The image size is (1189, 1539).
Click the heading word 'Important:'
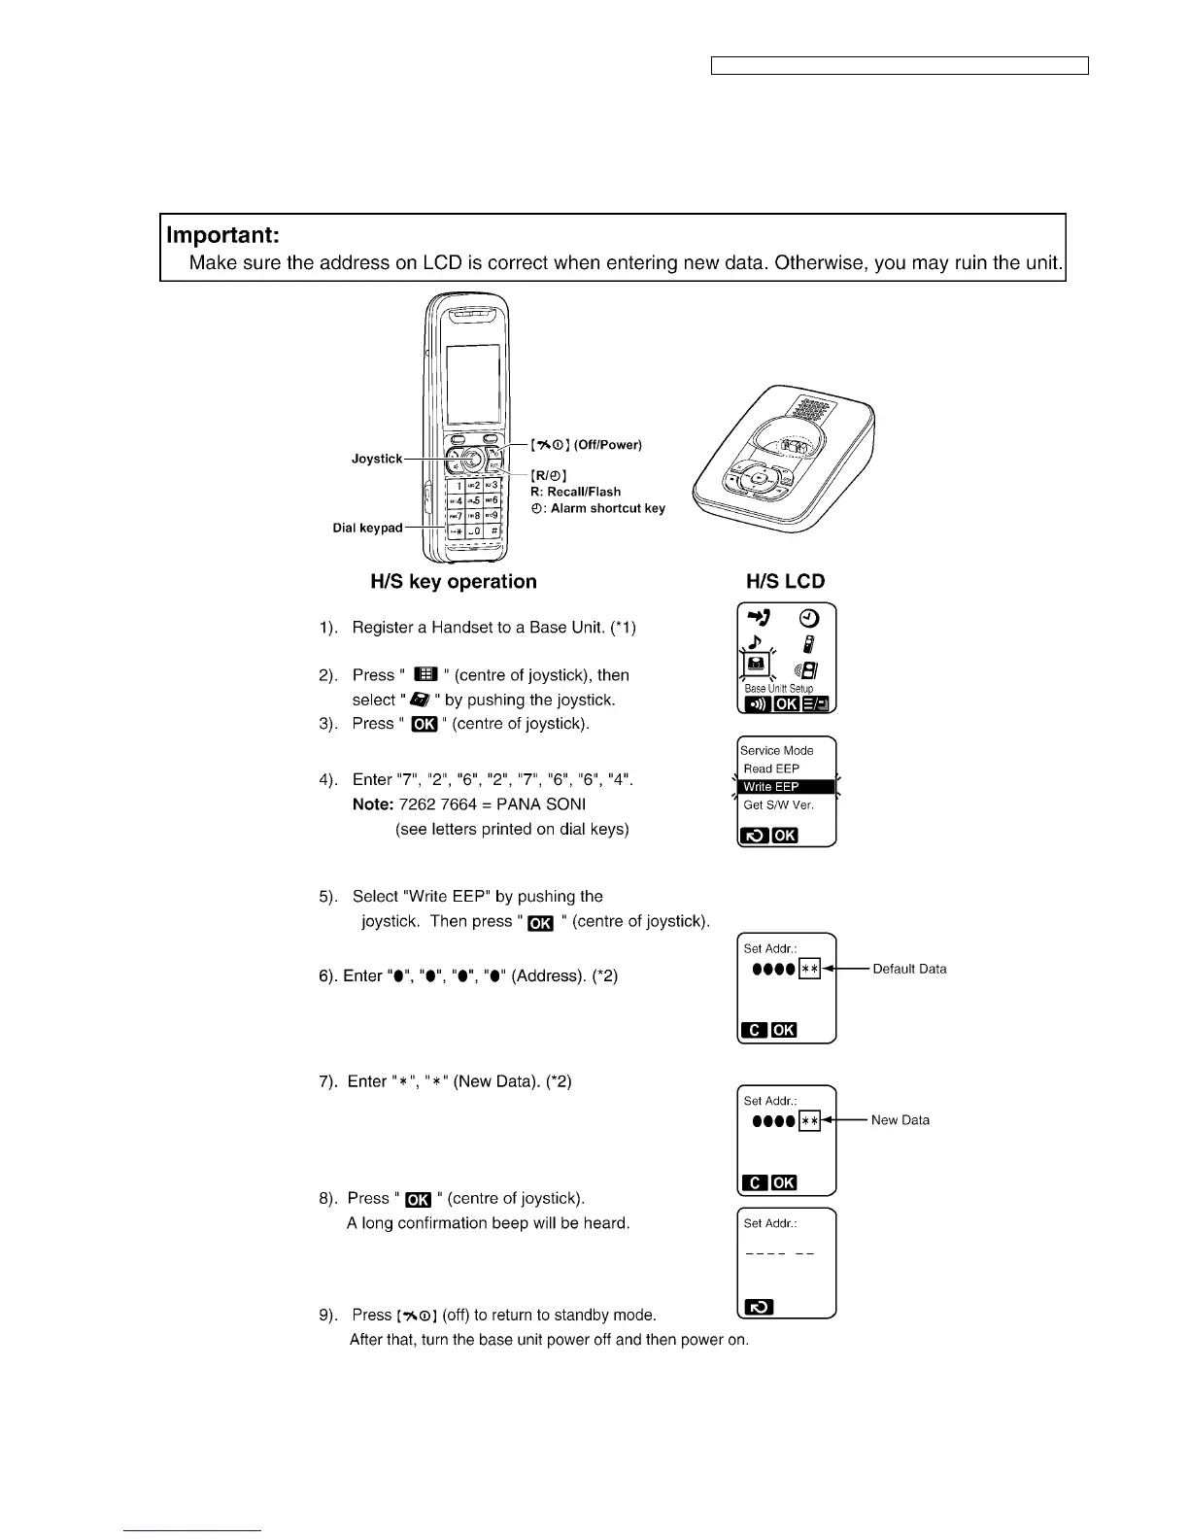(223, 235)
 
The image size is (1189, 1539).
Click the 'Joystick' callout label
(376, 459)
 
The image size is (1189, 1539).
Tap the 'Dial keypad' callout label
(367, 528)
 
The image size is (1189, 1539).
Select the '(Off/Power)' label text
(607, 445)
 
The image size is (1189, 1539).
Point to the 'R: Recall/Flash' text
(575, 492)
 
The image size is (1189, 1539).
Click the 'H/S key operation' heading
(454, 582)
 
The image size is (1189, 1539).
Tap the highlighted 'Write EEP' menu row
(786, 787)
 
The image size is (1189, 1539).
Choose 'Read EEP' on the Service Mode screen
(771, 769)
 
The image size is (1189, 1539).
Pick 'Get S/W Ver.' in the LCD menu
(778, 804)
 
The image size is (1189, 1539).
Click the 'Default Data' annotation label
(909, 969)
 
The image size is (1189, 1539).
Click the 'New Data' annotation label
(900, 1120)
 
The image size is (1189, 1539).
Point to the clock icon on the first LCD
(809, 618)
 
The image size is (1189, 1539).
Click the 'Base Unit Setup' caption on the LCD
(779, 689)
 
